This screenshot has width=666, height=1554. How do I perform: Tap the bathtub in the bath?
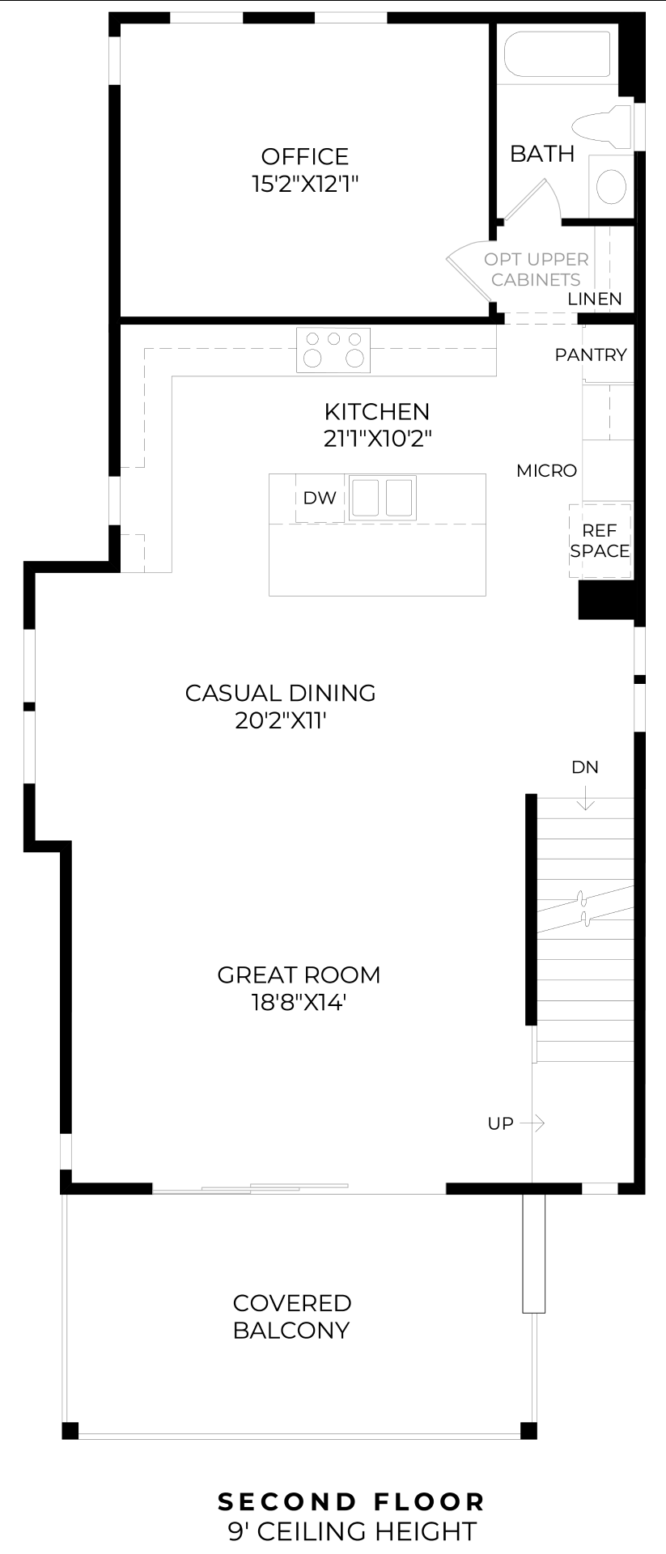[558, 54]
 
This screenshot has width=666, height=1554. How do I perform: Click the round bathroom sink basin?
[612, 186]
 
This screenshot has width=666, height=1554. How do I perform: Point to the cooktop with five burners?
[333, 350]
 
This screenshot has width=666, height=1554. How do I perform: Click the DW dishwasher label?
[320, 498]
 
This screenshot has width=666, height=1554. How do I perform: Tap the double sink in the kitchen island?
[383, 498]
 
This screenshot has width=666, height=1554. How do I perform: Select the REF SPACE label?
[600, 541]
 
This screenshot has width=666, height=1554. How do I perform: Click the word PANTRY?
[591, 355]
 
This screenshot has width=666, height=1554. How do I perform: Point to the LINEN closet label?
[595, 299]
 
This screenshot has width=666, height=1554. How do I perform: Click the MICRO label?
[547, 470]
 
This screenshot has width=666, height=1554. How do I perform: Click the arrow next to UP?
[532, 1123]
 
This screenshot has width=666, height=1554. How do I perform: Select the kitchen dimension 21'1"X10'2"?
[377, 439]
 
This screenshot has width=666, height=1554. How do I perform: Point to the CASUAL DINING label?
[281, 693]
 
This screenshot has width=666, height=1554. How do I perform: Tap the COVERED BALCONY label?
[291, 1317]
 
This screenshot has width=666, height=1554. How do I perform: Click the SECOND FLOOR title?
[352, 1502]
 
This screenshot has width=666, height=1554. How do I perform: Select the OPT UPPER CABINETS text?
[536, 270]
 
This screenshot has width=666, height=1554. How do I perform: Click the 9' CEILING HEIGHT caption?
[352, 1531]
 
